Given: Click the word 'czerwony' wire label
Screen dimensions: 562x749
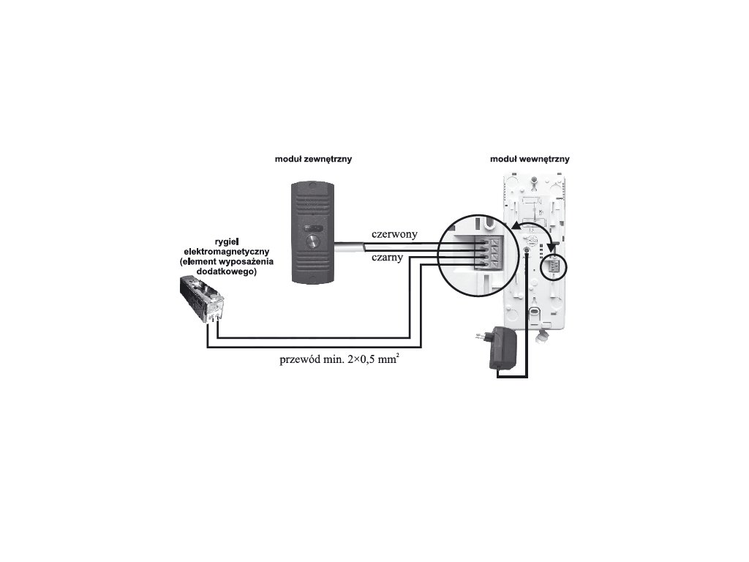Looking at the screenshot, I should (x=394, y=234).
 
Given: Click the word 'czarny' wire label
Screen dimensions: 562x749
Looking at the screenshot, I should (x=388, y=257).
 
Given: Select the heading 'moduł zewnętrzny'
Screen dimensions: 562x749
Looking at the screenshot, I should (x=313, y=159).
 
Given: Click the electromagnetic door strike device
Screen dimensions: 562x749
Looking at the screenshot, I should (x=203, y=300).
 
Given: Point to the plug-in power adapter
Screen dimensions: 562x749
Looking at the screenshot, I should (x=504, y=348).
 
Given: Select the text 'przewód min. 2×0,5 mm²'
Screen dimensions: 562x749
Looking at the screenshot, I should (x=340, y=360).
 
